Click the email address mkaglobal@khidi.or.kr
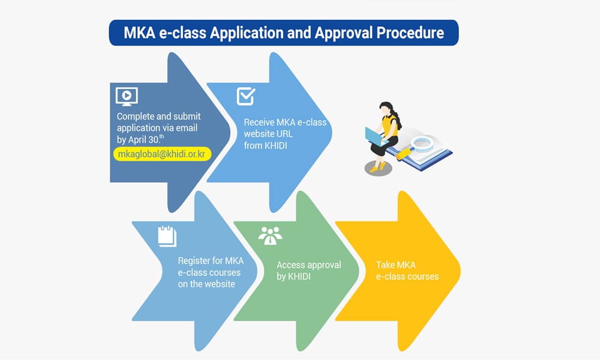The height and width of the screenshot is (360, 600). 162,154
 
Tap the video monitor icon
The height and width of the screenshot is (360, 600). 127,95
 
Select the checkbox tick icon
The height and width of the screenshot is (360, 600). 246,96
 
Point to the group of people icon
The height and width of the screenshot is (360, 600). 270,236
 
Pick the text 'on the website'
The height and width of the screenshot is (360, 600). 206,284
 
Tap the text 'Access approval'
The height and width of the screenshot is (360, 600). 308,265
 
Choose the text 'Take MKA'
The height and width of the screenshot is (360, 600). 395,265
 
